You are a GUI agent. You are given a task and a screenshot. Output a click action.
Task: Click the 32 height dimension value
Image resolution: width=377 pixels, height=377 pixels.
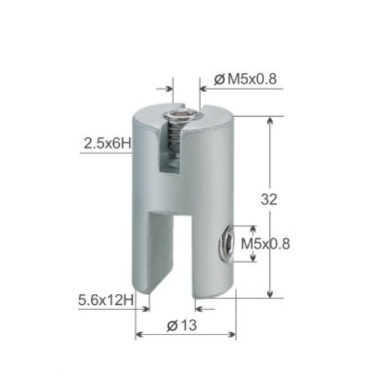coord(269,199)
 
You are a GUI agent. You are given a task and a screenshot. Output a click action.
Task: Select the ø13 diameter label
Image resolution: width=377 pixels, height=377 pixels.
coord(182,325)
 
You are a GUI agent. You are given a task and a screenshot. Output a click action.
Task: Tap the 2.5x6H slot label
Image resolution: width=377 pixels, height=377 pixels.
coord(108,144)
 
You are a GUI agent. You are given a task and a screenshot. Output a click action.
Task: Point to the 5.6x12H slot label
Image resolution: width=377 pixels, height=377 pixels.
coord(106,300)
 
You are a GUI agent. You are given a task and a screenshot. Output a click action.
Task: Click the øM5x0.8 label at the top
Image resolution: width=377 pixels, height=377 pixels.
coord(246,79)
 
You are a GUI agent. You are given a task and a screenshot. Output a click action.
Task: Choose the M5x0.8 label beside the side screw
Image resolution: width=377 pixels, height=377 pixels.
coord(266,244)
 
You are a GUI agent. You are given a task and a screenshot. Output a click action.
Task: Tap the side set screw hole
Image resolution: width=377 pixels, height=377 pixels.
coord(226,244)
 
